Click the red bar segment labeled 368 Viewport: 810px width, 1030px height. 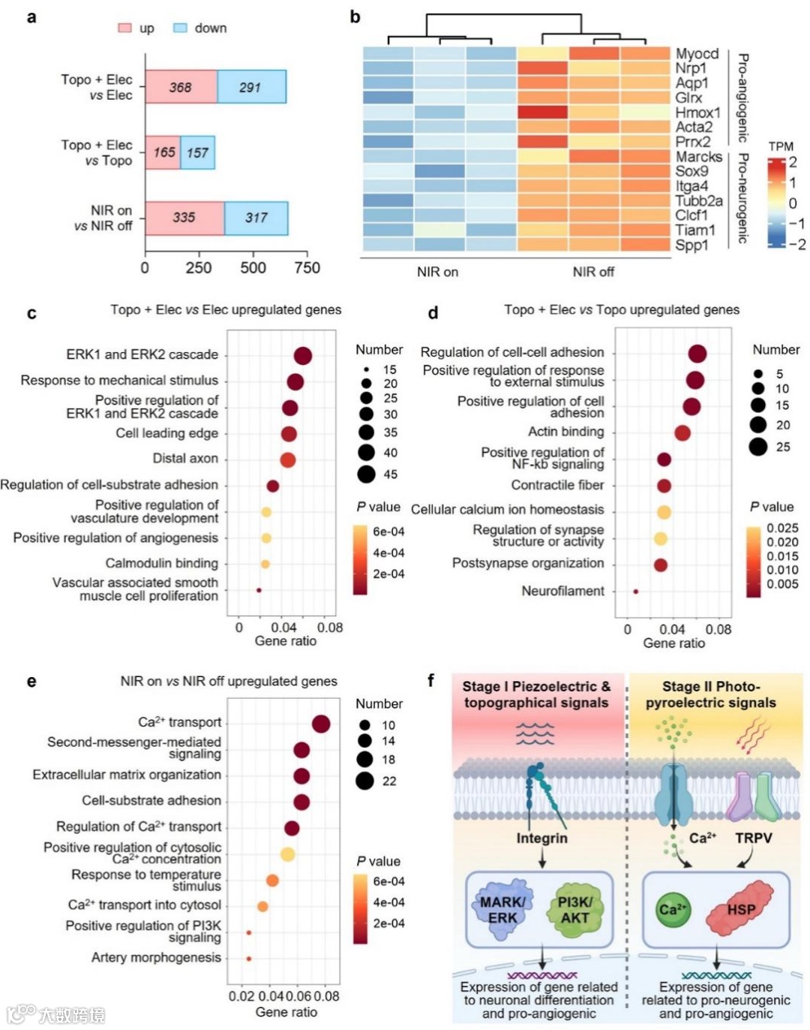(181, 86)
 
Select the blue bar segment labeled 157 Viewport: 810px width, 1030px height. (198, 152)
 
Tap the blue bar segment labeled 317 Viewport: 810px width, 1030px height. (256, 218)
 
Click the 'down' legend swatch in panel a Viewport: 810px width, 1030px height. (180, 28)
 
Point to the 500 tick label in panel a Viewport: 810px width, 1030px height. (253, 267)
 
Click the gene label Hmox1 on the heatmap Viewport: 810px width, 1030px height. (697, 113)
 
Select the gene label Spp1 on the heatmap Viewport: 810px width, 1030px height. (691, 245)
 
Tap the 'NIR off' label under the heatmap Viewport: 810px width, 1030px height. (593, 272)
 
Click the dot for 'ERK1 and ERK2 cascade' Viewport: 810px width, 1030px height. (303, 356)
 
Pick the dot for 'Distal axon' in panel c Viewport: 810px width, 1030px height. (288, 459)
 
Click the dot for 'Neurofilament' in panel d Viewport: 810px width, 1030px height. (636, 592)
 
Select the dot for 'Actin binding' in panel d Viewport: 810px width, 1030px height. (682, 432)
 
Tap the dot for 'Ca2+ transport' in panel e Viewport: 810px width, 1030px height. (321, 724)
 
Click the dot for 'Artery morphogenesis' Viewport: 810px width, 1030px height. (249, 959)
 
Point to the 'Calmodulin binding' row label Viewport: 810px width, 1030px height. (162, 563)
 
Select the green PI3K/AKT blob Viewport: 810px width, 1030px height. (574, 909)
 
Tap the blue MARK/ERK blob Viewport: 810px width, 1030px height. (502, 909)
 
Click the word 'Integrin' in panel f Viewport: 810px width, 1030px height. (541, 838)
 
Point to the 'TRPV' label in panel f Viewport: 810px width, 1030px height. (753, 838)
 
